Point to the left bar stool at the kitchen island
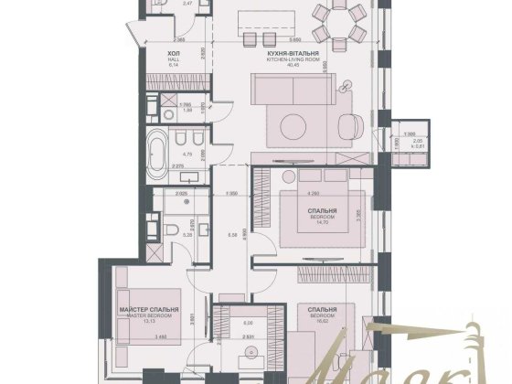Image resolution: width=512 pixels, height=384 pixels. pos(250,39)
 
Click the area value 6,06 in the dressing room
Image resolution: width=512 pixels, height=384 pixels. pos(248,322)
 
